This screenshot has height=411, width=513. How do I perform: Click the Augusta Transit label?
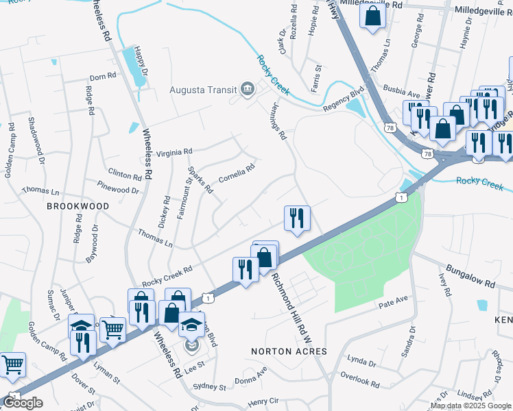coord(203,90)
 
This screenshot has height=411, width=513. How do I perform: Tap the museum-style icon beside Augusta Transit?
coord(247,89)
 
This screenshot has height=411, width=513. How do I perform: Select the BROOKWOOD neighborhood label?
coord(77,206)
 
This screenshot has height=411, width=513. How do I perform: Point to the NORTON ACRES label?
coord(289,351)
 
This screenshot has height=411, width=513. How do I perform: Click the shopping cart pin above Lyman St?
coord(113,329)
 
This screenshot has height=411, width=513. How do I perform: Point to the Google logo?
coord(23,403)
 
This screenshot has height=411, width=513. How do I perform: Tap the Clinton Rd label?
coord(124,173)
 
